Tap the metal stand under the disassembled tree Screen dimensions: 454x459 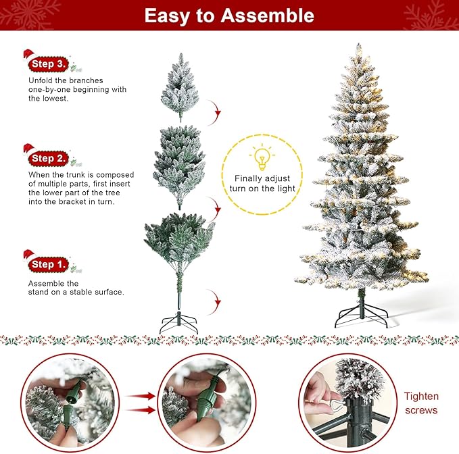178,322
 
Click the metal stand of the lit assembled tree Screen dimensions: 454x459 361,313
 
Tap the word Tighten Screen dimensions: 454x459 421,397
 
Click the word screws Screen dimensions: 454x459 421,410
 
